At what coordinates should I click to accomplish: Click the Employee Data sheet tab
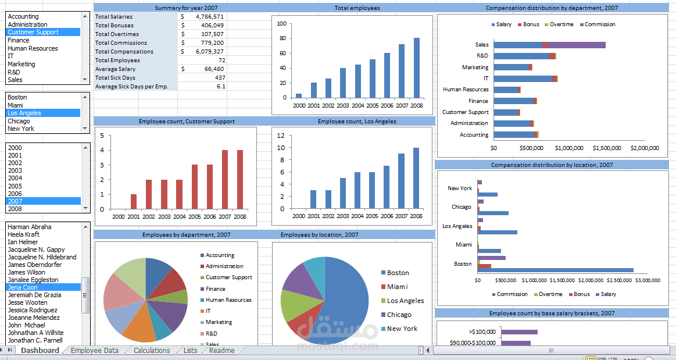tap(94, 351)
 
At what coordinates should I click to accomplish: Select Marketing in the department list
tap(22, 64)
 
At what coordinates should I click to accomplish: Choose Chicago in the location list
tap(19, 121)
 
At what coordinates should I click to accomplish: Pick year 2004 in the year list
tap(15, 179)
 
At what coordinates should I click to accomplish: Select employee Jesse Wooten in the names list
tap(27, 302)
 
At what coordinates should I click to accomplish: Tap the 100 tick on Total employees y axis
tap(282, 24)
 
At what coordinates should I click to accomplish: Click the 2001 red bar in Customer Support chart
tap(134, 201)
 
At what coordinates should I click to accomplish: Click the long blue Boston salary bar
tap(555, 270)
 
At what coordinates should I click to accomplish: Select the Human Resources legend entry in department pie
tap(228, 300)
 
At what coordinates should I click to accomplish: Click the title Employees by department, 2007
tap(176, 235)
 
